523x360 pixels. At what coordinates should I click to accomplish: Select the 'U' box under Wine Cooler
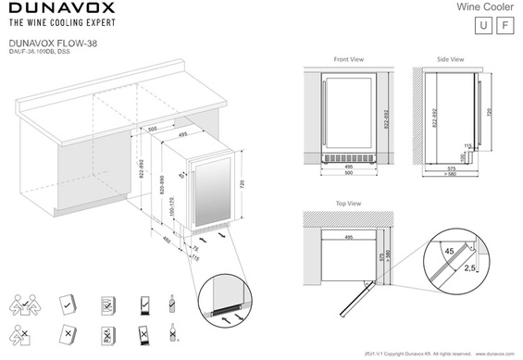(x=481, y=25)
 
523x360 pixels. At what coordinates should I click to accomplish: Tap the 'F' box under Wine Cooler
(x=504, y=25)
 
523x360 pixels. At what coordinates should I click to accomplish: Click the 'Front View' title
(x=348, y=59)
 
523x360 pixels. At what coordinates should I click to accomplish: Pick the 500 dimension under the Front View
(x=349, y=173)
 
